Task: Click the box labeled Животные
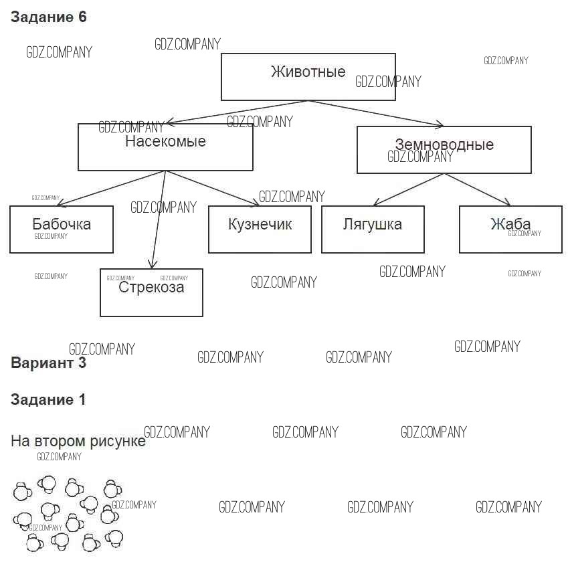coord(308,77)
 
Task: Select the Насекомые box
coord(165,147)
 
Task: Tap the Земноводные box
coord(444,150)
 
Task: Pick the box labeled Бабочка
coord(62,229)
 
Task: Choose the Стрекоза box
coord(151,292)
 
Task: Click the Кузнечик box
coord(260,229)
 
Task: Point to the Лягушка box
coord(373,229)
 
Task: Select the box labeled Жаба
coord(510,229)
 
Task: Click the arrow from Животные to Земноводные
coord(375,113)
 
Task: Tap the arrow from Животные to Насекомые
coord(237,112)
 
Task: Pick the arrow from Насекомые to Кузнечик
coord(213,189)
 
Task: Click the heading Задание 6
coord(49,17)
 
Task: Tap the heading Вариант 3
coord(49,363)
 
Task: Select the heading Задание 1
coord(49,400)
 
